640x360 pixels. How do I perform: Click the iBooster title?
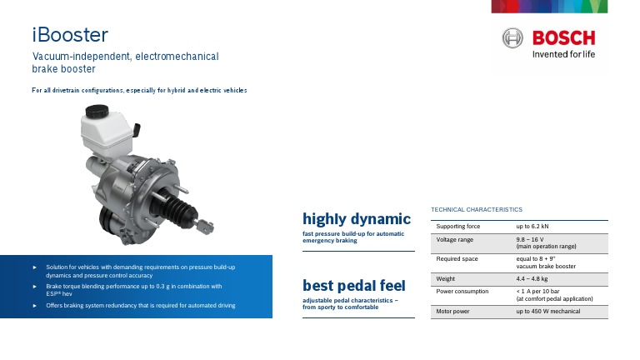[x=70, y=36]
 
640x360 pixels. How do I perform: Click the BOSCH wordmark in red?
[x=564, y=38]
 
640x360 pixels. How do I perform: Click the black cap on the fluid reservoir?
[x=98, y=112]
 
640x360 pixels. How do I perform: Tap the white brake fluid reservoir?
[x=104, y=130]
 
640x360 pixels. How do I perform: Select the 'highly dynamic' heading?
[x=357, y=219]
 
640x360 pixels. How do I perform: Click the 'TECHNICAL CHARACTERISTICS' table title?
[x=477, y=209]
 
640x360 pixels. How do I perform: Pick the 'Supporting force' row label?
[x=458, y=226]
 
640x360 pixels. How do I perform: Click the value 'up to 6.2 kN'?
[x=532, y=226]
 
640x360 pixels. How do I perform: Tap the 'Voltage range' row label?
[x=454, y=240]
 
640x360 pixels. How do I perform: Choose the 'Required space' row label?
[x=456, y=259]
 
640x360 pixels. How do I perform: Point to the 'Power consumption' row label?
[x=462, y=292]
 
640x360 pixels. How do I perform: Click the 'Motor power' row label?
[x=452, y=311]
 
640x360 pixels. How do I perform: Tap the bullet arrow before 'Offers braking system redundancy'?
[x=34, y=305]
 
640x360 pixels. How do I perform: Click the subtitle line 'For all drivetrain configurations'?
[x=139, y=89]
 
